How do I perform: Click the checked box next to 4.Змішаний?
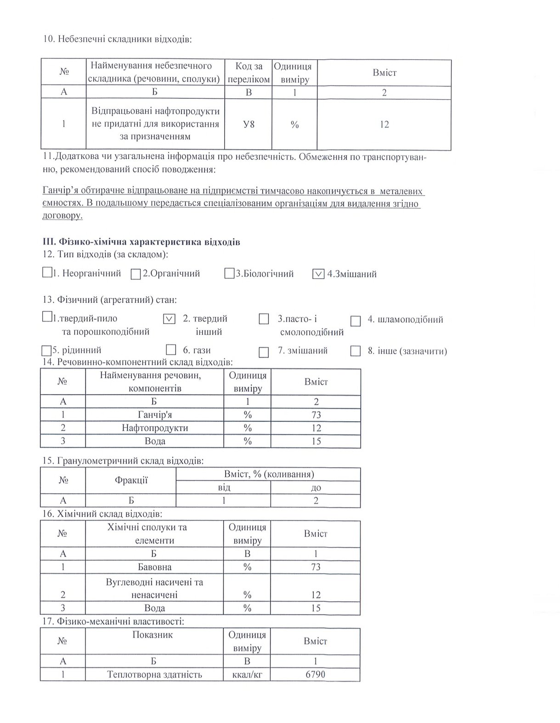(318, 274)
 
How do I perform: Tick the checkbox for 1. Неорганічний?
(47, 272)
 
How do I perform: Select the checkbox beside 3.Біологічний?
(229, 274)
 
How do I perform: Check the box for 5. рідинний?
(46, 350)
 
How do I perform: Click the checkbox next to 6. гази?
(171, 350)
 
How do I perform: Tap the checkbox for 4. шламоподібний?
(356, 321)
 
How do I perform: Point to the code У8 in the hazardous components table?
(249, 124)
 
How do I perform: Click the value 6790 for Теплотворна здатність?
(315, 674)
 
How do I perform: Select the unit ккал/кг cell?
(247, 674)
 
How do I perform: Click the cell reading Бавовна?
(154, 566)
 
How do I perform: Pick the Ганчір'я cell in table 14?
(154, 415)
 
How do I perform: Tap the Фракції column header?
(131, 480)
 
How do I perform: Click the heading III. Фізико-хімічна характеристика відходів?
(141, 242)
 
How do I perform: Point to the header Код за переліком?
(249, 73)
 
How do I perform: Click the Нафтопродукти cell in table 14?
(154, 428)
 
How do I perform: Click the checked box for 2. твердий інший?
(169, 318)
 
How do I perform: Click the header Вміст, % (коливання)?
(269, 474)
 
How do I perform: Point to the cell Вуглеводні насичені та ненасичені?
(154, 588)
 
